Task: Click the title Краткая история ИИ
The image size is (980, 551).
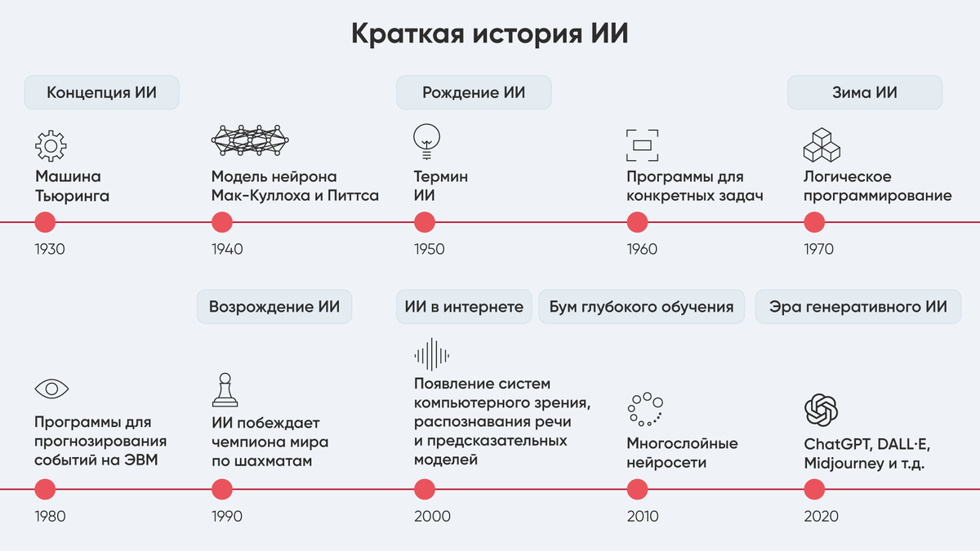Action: click(490, 34)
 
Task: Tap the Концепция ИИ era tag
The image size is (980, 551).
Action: click(101, 92)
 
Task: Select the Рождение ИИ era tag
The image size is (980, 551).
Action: click(474, 92)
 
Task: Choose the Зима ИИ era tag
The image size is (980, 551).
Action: click(864, 92)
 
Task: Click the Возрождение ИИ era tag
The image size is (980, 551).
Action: click(274, 307)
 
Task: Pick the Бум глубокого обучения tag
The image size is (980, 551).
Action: click(641, 307)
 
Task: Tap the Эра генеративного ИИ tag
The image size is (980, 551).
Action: click(857, 307)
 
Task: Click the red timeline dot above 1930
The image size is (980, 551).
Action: click(45, 222)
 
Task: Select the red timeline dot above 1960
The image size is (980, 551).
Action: click(637, 222)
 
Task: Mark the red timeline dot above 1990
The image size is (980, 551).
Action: click(222, 489)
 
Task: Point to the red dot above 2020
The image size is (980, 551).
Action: click(814, 489)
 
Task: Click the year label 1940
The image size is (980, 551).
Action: click(227, 249)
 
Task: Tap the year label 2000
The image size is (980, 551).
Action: click(432, 516)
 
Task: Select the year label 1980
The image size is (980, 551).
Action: click(50, 516)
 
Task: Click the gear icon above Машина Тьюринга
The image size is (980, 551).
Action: click(51, 144)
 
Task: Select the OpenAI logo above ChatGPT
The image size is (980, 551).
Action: click(821, 410)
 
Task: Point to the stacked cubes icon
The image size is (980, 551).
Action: click(822, 144)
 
